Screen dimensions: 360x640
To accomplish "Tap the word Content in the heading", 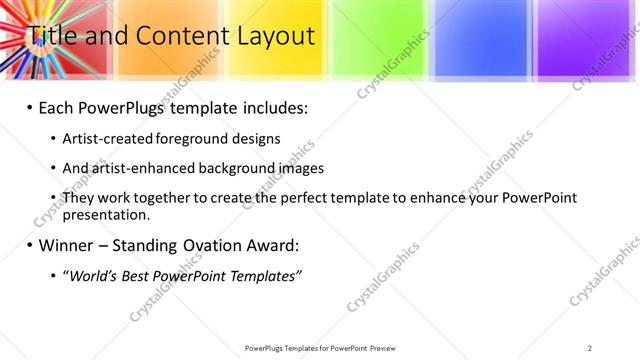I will pyautogui.click(x=178, y=37).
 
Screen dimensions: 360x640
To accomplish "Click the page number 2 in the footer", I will pyautogui.click(x=590, y=348).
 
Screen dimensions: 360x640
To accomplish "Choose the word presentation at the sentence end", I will pyautogui.click(x=105, y=214).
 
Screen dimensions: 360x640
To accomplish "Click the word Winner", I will pyautogui.click(x=65, y=245).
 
